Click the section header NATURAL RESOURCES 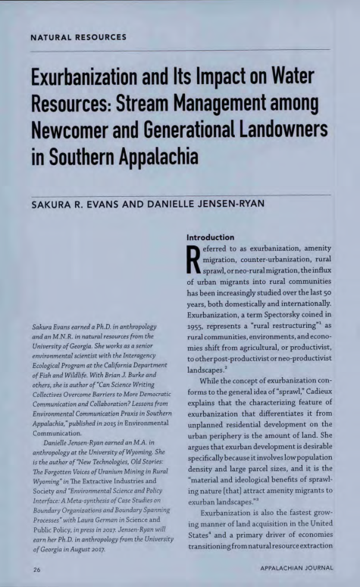coord(78,36)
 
